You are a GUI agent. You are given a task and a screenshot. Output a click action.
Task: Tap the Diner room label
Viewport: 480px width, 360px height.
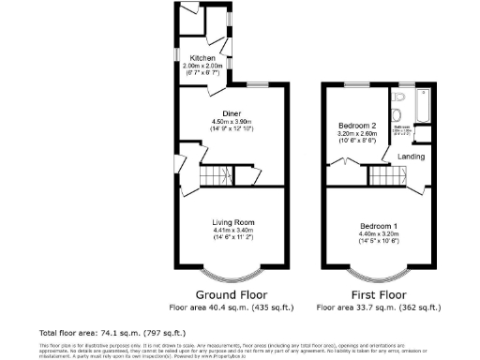(x=221, y=112)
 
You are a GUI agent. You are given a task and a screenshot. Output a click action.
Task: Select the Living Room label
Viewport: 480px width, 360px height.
(x=232, y=221)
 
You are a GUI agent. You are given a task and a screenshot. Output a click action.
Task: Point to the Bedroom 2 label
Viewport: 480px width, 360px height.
(x=356, y=125)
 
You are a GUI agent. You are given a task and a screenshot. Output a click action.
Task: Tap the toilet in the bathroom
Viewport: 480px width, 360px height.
(x=399, y=97)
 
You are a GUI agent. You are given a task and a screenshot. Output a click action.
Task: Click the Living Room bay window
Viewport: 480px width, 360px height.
(x=231, y=273)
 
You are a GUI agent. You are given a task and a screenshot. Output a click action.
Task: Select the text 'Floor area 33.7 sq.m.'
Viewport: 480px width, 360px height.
(x=378, y=307)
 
